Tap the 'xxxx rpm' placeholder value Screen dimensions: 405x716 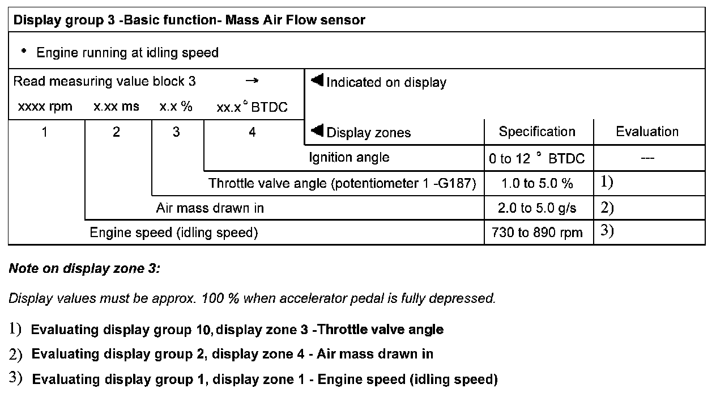tap(45, 107)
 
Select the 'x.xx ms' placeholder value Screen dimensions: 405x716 tap(116, 107)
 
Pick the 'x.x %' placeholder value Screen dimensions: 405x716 tap(176, 107)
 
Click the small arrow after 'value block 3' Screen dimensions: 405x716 tap(252, 81)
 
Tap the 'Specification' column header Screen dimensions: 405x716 tap(537, 132)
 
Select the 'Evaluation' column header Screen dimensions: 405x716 tap(647, 132)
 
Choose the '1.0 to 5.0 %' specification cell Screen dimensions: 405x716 tap(537, 184)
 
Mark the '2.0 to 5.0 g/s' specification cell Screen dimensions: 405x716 tap(537, 208)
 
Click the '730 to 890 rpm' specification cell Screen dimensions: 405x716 tap(537, 233)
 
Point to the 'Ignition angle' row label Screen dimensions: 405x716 tap(349, 157)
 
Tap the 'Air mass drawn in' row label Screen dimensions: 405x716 tap(210, 208)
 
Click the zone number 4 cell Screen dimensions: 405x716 tap(253, 132)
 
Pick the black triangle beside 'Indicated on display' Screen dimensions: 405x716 tap(317, 81)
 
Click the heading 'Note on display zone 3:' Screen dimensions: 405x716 tap(84, 268)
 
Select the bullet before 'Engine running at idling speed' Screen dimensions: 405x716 tap(24, 51)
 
